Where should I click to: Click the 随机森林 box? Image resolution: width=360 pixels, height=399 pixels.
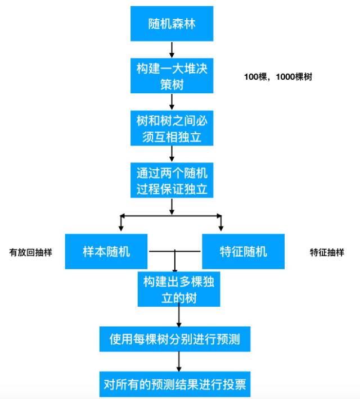172,24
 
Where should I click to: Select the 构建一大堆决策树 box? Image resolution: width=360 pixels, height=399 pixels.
172,76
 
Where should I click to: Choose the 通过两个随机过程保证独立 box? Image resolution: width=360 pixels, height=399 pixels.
172,180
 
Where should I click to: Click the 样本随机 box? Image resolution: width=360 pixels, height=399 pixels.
106,251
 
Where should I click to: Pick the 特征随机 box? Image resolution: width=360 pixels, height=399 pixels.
243,251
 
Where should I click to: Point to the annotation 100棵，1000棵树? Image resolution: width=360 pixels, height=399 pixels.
278,77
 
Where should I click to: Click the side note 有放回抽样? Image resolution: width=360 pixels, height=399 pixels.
30,252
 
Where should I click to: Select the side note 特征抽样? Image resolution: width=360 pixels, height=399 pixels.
327,252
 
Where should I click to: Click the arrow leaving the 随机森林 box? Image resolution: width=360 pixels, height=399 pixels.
172,49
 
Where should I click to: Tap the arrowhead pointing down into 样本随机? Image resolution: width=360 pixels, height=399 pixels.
121,228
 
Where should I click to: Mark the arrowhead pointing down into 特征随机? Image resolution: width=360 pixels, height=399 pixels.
220,228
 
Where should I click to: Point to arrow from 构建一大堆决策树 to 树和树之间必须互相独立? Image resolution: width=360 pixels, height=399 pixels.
172,102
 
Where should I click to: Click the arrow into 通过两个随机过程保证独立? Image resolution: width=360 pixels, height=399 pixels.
172,154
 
